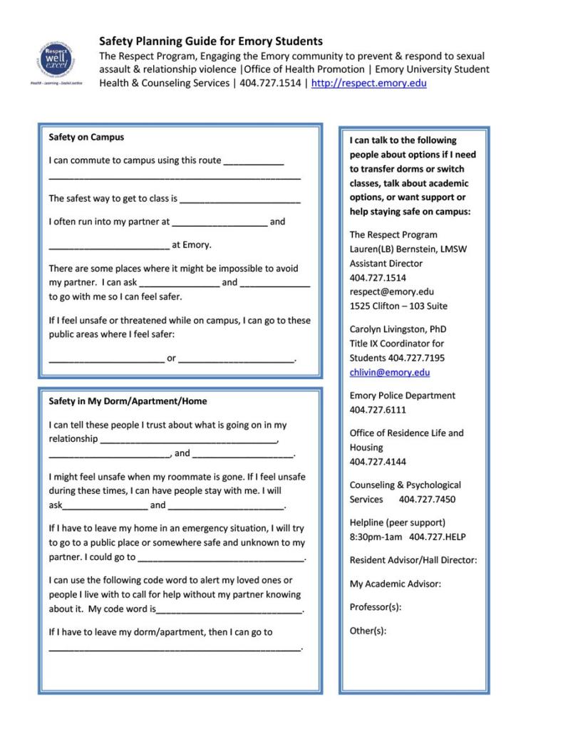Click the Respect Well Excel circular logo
56,61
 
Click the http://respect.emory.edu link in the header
369,83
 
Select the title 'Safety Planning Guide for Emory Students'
210,41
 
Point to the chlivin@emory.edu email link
389,373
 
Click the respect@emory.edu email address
391,291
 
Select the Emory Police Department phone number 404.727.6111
378,410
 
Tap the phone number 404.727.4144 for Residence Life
378,462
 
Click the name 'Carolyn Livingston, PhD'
398,329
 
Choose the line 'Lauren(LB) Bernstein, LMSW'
408,249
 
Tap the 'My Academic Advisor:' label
395,584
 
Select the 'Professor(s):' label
375,607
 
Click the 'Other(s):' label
368,631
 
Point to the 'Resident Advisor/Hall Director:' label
413,561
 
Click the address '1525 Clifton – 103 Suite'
398,306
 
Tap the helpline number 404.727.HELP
437,537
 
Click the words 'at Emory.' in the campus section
192,245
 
